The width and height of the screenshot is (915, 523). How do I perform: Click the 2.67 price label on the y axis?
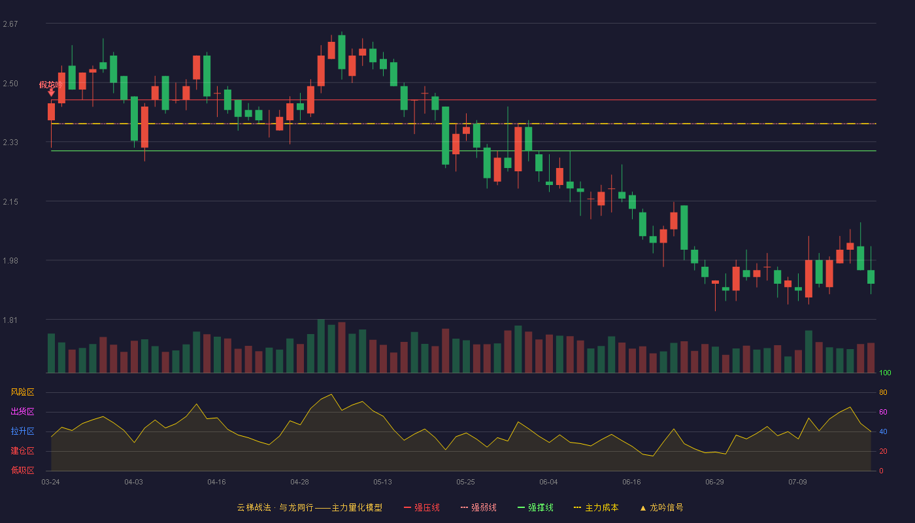click(x=10, y=24)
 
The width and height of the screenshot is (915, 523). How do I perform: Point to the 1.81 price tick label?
click(x=10, y=320)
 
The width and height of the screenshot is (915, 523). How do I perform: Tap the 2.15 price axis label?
click(x=10, y=202)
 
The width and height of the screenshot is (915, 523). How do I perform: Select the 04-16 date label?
click(x=216, y=482)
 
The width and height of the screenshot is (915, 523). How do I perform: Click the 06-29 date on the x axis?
click(x=714, y=482)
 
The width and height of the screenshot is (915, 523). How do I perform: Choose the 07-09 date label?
click(x=797, y=482)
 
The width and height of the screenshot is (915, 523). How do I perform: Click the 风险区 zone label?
click(x=22, y=392)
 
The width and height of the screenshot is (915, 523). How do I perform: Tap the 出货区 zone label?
click(x=22, y=411)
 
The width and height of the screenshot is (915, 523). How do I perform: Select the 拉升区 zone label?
click(x=22, y=431)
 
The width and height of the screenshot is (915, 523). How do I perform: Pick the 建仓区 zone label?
click(x=22, y=450)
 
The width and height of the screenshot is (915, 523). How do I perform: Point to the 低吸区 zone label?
click(x=22, y=470)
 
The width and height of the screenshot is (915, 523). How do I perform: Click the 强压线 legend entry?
click(x=422, y=507)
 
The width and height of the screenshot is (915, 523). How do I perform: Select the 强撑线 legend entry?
click(x=535, y=507)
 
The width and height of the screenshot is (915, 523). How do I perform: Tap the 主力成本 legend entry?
click(x=596, y=507)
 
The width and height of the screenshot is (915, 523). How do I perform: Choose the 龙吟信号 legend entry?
click(x=661, y=507)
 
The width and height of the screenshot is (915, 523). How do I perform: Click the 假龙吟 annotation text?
click(x=51, y=84)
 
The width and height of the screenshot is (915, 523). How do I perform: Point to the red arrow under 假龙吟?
click(x=51, y=93)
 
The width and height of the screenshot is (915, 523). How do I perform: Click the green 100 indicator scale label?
click(x=885, y=373)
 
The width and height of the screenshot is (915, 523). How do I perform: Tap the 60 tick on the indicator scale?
click(x=883, y=412)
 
